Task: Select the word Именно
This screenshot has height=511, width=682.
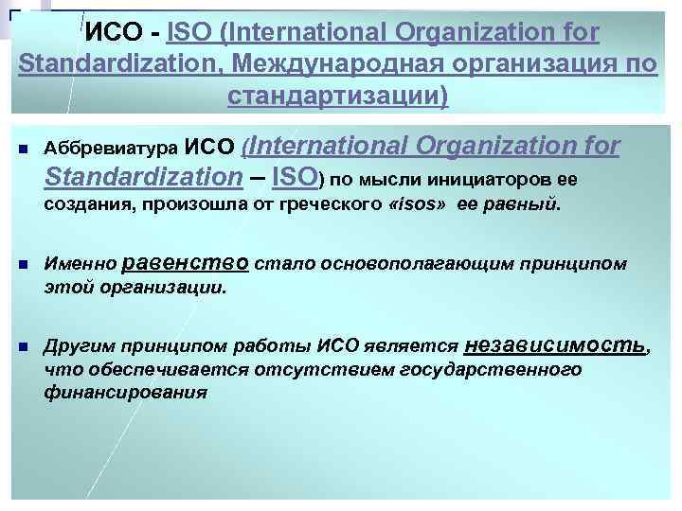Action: [81, 265]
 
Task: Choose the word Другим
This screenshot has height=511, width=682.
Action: [80, 348]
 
